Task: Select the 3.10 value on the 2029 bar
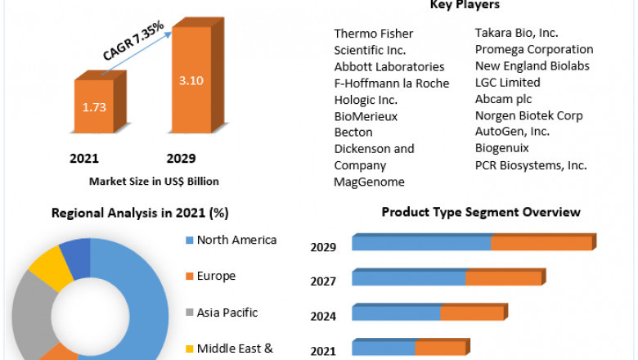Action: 190,81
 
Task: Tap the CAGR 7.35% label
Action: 134,42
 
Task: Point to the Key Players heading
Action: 465,6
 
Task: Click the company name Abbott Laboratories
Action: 389,66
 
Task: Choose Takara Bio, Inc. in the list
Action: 517,33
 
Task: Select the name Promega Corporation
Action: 534,49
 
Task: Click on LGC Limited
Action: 507,82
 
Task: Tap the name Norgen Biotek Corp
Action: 528,115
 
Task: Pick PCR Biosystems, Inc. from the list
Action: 531,164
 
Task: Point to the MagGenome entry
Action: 369,181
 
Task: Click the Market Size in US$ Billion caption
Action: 154,181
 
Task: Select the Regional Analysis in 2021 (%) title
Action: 140,213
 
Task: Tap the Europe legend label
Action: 216,276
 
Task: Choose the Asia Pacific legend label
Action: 227,312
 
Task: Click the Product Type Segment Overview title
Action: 481,212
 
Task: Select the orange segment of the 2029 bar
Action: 541,243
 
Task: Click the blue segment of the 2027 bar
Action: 408,278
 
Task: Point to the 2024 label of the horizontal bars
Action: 323,315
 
